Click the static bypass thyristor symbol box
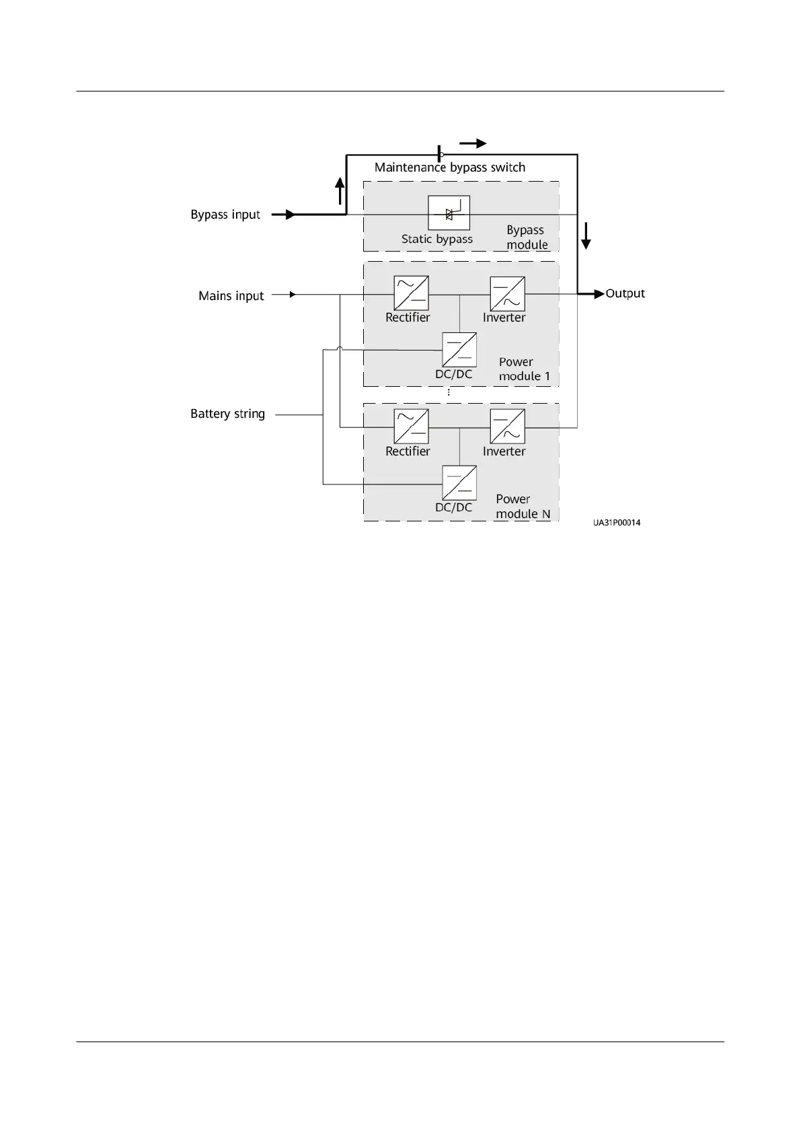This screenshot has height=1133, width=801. point(449,213)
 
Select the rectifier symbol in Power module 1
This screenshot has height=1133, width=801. point(411,293)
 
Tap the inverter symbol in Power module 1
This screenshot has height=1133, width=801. point(507,293)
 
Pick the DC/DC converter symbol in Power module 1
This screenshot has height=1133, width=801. point(459,350)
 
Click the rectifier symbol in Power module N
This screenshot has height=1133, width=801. point(411,427)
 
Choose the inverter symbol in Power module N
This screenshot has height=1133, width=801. point(507,427)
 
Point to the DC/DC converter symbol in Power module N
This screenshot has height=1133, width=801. point(459,483)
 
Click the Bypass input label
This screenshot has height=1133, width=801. point(225,215)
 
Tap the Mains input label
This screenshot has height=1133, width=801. point(231,295)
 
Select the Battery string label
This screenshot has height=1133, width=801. point(227,414)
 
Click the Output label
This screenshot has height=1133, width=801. point(625,293)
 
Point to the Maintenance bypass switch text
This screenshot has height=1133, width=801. point(449,167)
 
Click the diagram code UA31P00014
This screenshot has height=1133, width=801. point(617,523)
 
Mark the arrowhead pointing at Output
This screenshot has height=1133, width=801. point(598,294)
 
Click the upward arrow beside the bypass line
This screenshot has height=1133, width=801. point(340,190)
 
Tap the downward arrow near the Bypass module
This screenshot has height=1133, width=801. point(586,236)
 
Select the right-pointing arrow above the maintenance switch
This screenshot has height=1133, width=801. point(473,143)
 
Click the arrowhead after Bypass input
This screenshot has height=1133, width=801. point(289,215)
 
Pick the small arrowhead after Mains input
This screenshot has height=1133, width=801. point(292,295)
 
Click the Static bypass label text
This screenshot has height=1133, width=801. point(436,239)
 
